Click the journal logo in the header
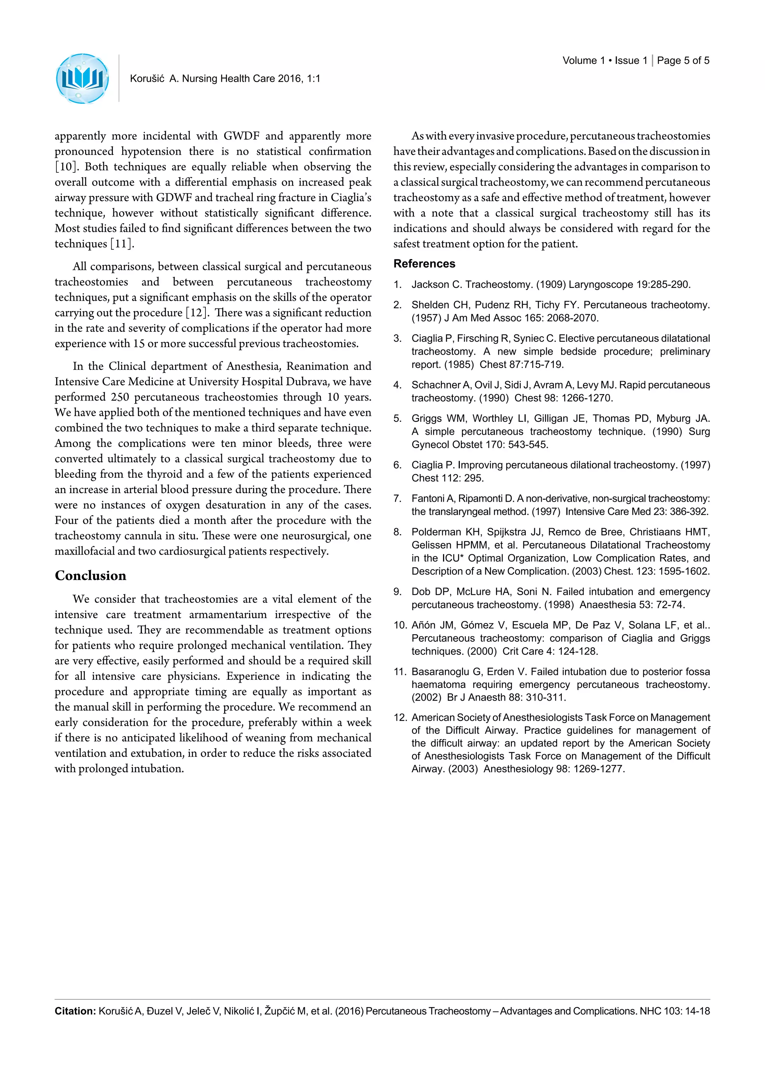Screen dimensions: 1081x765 coord(83,79)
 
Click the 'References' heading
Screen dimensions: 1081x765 coord(424,264)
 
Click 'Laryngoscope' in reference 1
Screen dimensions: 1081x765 coord(601,284)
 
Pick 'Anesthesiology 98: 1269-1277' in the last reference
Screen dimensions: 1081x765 coord(554,769)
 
